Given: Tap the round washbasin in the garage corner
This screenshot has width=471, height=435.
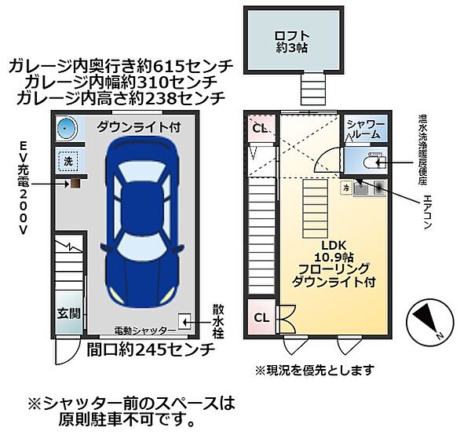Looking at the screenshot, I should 68,129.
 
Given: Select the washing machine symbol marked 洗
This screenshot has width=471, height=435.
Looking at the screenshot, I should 68,162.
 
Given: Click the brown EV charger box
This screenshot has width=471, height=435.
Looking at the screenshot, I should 75,183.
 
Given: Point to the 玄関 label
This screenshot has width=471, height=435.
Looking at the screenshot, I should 68,313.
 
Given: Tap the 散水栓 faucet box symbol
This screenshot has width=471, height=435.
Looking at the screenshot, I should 185,320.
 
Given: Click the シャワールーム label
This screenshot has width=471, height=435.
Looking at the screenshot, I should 366,130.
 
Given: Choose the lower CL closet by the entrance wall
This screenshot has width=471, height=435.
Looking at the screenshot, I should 261,318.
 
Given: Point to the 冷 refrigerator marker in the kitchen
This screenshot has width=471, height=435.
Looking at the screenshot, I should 345,188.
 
